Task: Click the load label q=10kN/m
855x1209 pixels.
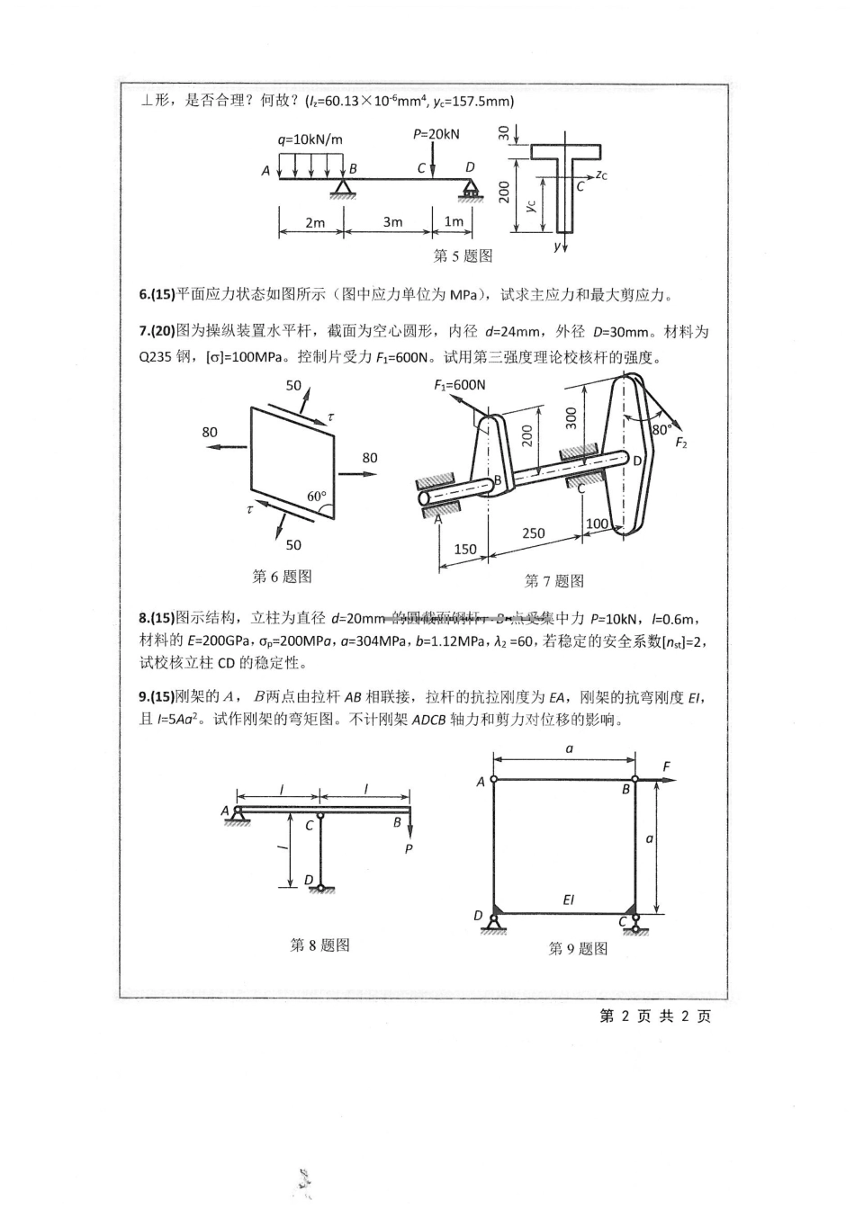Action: pyautogui.click(x=310, y=139)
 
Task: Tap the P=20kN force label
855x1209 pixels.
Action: pyautogui.click(x=436, y=134)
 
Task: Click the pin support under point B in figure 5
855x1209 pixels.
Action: pyautogui.click(x=342, y=187)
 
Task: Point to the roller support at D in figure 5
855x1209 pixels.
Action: pyautogui.click(x=471, y=190)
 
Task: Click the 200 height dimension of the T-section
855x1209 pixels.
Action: pyautogui.click(x=505, y=193)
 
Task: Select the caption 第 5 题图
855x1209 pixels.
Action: pyautogui.click(x=463, y=256)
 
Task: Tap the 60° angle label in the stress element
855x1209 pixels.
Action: pyautogui.click(x=316, y=497)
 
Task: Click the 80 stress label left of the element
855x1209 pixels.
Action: pyautogui.click(x=210, y=432)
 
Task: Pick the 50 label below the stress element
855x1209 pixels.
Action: pyautogui.click(x=293, y=545)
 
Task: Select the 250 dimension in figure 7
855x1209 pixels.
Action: pyautogui.click(x=533, y=533)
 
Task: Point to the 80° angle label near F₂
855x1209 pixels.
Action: pyautogui.click(x=661, y=430)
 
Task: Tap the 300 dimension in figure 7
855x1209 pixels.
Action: pyautogui.click(x=570, y=417)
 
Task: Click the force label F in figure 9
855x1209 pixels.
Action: pyautogui.click(x=666, y=766)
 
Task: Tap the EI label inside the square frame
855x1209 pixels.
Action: pyautogui.click(x=568, y=899)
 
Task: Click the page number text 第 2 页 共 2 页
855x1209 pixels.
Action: pyautogui.click(x=654, y=1016)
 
